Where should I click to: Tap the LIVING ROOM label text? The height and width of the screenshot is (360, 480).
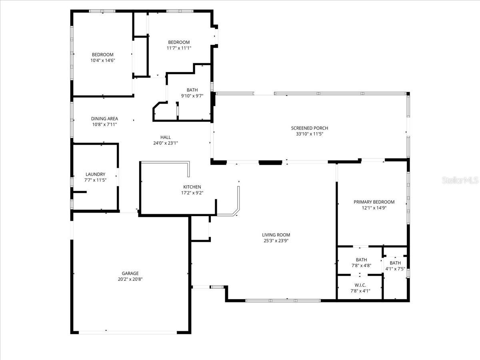(x=276, y=235)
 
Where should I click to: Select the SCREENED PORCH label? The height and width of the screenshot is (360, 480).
(x=309, y=128)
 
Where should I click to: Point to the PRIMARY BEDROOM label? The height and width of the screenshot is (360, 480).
(x=374, y=202)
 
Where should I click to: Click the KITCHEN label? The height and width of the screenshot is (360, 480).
(x=192, y=187)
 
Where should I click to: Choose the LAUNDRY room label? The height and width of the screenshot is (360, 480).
(x=95, y=174)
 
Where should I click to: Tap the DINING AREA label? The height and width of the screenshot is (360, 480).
(x=104, y=119)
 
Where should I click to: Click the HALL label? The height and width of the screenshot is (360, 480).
(x=165, y=137)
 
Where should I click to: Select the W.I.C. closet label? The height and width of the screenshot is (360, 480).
(x=360, y=285)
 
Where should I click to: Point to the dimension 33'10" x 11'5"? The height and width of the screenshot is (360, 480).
(x=309, y=134)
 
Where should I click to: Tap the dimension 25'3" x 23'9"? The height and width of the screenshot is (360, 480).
(x=276, y=241)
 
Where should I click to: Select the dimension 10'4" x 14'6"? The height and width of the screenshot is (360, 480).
(x=103, y=60)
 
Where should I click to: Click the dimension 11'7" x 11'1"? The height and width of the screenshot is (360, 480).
(x=179, y=48)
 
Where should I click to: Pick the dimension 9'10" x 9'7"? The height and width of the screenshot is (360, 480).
(x=192, y=96)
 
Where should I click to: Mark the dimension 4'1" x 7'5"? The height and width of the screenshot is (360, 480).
(x=395, y=269)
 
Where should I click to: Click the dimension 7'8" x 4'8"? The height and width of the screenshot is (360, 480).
(x=361, y=265)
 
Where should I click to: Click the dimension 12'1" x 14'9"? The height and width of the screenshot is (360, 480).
(x=374, y=208)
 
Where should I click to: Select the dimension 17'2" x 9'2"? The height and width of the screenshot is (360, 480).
(x=192, y=192)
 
